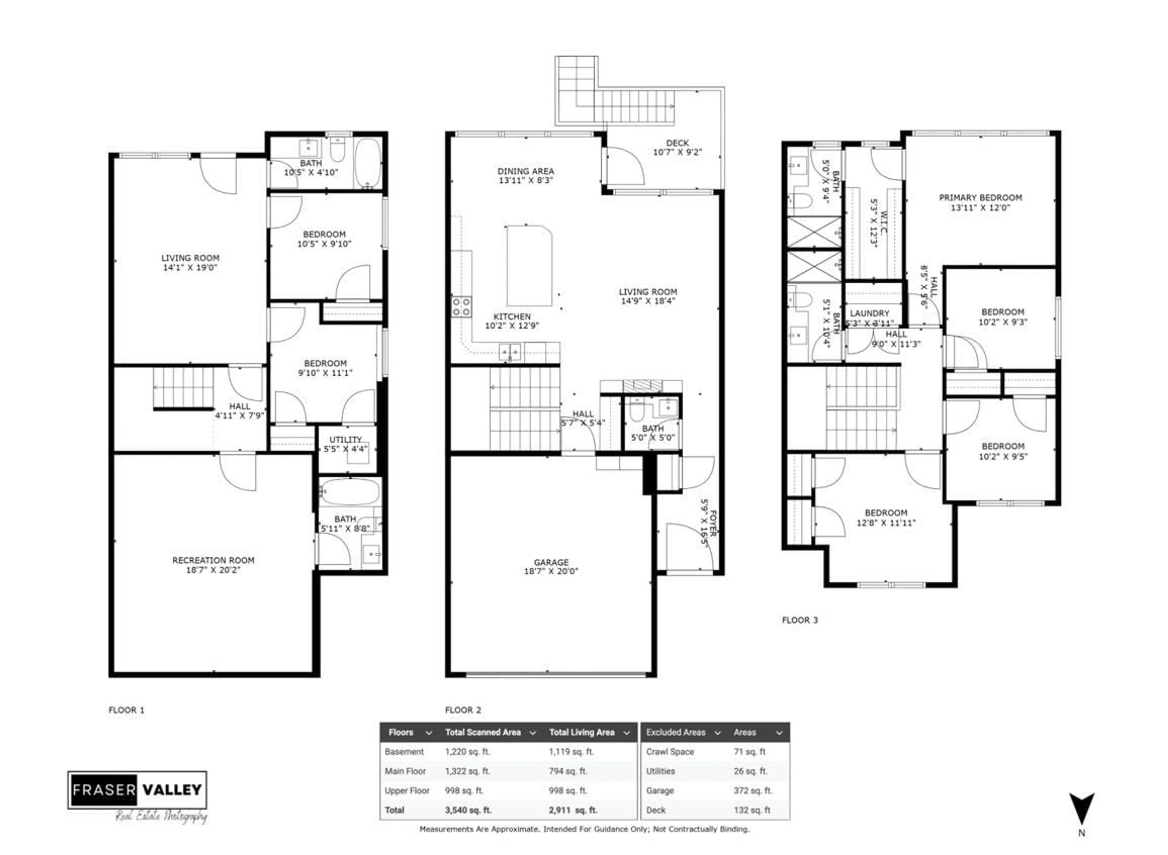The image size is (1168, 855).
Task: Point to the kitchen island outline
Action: click(x=529, y=266)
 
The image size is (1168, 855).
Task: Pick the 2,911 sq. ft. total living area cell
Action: click(x=573, y=810)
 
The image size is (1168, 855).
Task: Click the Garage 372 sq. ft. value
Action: click(x=752, y=790)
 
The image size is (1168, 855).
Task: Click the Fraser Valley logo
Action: click(x=137, y=790)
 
